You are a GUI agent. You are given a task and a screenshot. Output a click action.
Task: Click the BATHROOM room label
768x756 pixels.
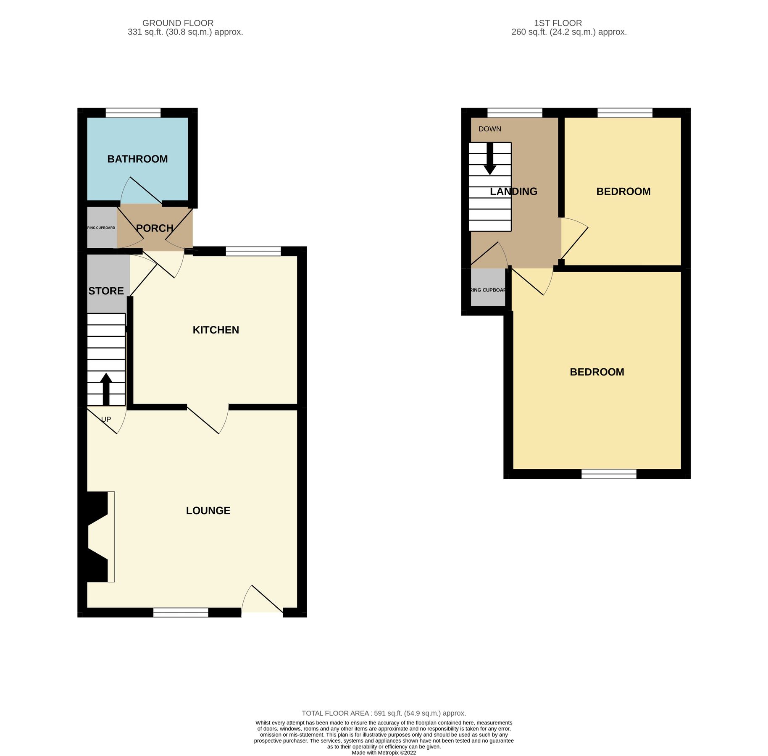coord(137,159)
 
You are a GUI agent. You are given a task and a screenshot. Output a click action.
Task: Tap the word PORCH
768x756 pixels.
coord(155,228)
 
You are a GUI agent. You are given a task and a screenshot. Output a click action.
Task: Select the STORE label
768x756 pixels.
coord(106,291)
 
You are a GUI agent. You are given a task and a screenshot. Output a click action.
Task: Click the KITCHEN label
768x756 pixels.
coord(216,330)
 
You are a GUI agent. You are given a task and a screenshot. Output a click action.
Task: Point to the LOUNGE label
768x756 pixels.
coord(208,511)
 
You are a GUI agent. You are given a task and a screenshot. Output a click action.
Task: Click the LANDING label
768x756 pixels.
coord(513,192)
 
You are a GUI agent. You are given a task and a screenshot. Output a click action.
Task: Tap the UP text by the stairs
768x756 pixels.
coord(106,420)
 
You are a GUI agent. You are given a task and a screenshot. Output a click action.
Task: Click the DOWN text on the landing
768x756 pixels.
coord(489,129)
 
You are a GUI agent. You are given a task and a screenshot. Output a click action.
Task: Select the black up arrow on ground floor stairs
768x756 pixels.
coord(106,388)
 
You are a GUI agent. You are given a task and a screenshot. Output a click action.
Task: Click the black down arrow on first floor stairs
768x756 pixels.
coord(490,160)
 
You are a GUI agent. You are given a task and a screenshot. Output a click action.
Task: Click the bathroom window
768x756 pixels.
coord(133,113)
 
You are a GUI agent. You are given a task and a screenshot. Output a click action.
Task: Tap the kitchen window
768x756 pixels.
coord(253,251)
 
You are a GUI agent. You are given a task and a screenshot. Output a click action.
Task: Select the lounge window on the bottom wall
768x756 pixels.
coord(181,612)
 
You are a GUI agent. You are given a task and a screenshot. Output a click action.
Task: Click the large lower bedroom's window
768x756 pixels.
coord(609,474)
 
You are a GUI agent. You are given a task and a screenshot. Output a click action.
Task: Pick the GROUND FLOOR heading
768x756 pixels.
coord(178,23)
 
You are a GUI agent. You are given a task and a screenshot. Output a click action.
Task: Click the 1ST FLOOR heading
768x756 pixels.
coord(558,23)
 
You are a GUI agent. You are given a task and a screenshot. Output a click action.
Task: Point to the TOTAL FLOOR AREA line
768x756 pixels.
coord(384,713)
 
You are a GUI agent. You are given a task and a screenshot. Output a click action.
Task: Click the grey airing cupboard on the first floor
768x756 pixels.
coord(488,287)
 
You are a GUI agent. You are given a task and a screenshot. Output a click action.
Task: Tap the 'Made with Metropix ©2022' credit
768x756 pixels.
coord(384,753)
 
